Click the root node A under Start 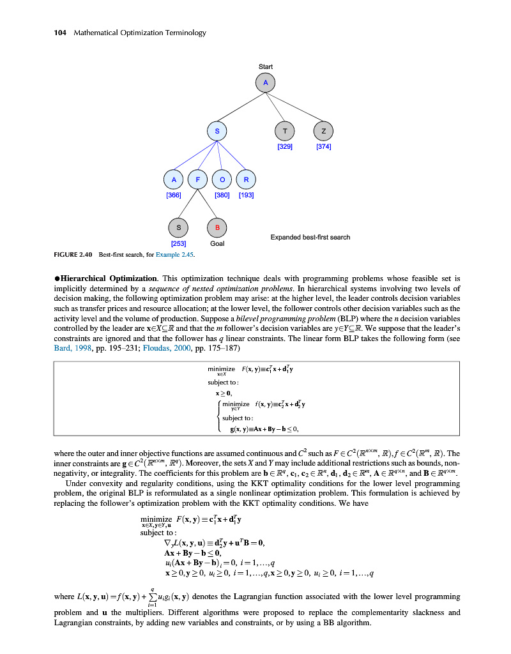[265, 82]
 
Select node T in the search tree [284, 131]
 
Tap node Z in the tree [324, 131]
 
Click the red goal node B [217, 227]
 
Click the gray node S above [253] [178, 227]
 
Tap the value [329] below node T [285, 147]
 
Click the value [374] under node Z [324, 147]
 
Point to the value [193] [246, 195]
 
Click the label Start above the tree [265, 66]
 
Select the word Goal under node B [217, 243]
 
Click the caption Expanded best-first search [310, 238]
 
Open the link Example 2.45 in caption [173, 255]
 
